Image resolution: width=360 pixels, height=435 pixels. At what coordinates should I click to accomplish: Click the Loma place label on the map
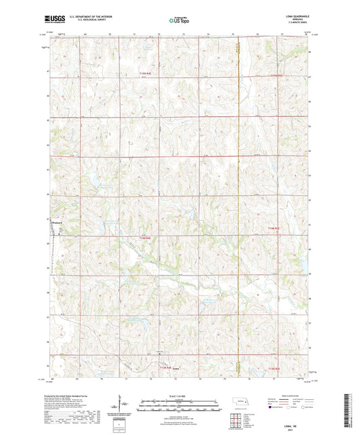(176, 368)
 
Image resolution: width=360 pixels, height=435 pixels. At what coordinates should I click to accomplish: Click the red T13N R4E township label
(146, 237)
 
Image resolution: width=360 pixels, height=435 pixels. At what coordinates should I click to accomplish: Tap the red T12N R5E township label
(272, 368)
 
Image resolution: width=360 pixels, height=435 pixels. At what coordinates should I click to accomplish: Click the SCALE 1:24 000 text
(180, 396)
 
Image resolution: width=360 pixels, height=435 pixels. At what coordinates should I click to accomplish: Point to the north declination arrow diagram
(124, 408)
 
